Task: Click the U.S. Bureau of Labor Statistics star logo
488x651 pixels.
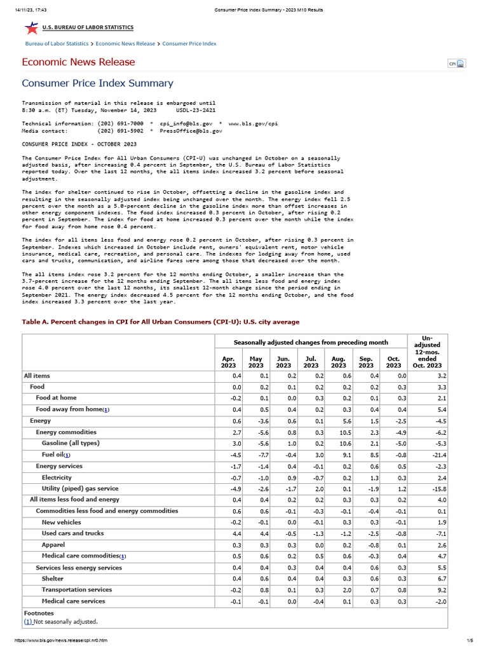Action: (x=30, y=27)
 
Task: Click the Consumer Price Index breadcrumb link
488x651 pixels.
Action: (x=189, y=44)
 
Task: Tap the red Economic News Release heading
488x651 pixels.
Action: (x=78, y=62)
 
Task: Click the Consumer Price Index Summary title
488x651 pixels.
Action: (x=97, y=83)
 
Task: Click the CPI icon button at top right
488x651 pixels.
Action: (x=457, y=63)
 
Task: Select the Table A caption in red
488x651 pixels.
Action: (x=160, y=322)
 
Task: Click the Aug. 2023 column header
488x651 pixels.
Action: (x=338, y=362)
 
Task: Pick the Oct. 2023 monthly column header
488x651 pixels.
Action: (x=393, y=362)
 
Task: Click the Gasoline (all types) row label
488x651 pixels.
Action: (x=71, y=443)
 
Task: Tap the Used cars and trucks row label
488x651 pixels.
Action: (x=72, y=533)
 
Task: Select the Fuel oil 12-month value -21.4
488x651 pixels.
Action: (x=438, y=455)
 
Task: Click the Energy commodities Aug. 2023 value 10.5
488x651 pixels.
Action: (x=339, y=432)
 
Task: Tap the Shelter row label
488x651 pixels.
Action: (x=53, y=579)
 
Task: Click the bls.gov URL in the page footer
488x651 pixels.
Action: (x=57, y=640)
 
